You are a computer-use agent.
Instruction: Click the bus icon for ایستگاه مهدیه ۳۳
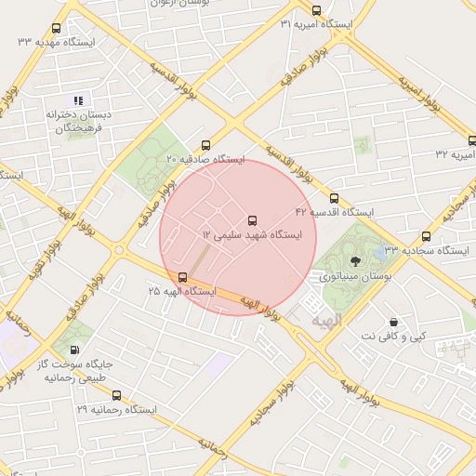(56, 29)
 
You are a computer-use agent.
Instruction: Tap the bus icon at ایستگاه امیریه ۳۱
(317, 10)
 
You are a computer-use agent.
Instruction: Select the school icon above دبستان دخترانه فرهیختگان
(79, 99)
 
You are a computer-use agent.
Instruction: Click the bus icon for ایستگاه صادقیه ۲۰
(205, 145)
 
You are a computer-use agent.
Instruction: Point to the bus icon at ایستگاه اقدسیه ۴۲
(335, 198)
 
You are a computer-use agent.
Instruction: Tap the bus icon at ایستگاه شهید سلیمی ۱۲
(252, 220)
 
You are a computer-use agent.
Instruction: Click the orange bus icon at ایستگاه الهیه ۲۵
(182, 277)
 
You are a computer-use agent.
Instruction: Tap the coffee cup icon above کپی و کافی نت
(394, 321)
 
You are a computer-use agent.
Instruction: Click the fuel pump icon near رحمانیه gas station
(74, 350)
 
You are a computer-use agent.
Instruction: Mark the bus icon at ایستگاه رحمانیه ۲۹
(116, 395)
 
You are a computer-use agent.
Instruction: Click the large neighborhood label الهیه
(327, 321)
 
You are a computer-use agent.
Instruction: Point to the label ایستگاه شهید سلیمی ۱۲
(252, 236)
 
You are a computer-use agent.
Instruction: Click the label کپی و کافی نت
(394, 335)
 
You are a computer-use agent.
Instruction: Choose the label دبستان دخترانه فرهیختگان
(81, 121)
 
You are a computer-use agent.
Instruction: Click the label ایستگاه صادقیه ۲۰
(205, 160)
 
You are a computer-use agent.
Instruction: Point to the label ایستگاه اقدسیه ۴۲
(334, 212)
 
